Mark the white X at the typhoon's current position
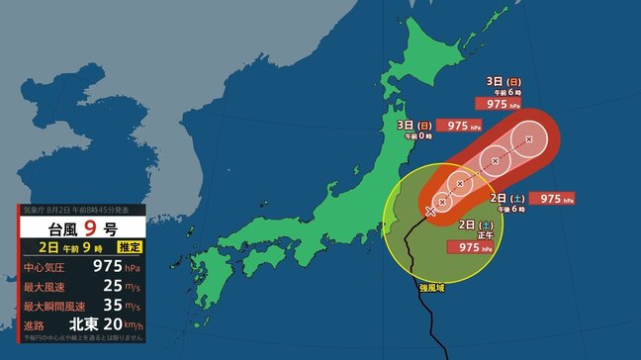[430, 211]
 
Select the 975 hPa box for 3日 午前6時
[499, 102]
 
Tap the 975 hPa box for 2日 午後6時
[551, 199]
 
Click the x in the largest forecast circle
[529, 140]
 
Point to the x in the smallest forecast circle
[443, 201]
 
